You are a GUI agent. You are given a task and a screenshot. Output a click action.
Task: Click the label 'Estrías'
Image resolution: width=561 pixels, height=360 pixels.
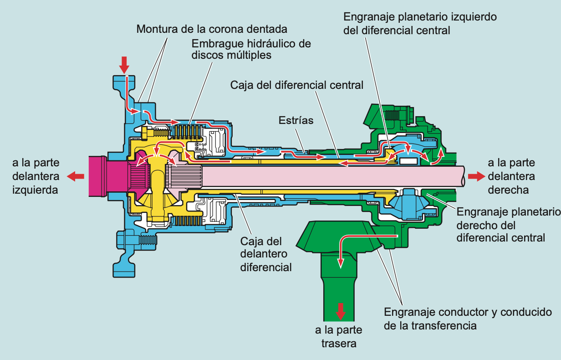[296, 120]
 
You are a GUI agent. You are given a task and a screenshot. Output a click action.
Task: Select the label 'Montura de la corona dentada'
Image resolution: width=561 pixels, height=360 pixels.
[212, 30]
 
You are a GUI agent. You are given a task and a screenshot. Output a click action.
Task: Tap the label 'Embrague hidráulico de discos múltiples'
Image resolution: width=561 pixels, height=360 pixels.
[251, 49]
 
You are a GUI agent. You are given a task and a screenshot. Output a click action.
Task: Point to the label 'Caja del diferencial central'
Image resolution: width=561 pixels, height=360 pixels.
[297, 85]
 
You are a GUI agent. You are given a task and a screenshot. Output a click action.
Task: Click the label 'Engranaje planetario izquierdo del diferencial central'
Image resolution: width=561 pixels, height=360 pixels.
[419, 24]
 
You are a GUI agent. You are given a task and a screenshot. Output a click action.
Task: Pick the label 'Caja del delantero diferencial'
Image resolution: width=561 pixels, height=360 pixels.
[266, 254]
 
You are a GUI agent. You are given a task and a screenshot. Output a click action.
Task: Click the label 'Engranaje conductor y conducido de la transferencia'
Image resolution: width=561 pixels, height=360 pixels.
[468, 319]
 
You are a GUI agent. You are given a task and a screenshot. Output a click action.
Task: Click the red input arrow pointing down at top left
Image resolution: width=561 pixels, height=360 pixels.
[123, 65]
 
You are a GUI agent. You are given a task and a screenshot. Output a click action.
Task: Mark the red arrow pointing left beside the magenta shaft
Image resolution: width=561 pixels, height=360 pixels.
[76, 176]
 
